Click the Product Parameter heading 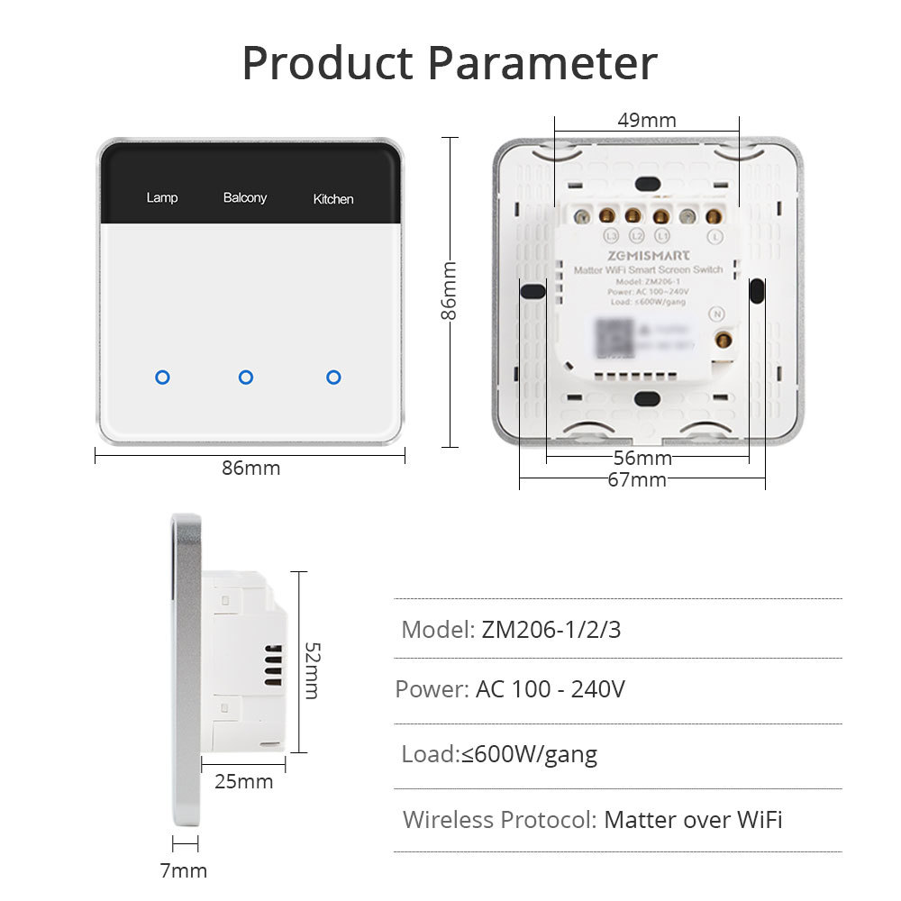pos(450,63)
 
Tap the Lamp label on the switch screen pos(162,197)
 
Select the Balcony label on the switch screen pos(245,197)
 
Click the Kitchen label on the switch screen pos(333,199)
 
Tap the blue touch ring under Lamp pos(162,377)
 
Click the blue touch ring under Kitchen pos(333,377)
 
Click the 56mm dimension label pos(642,459)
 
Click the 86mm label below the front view pos(250,469)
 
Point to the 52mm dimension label pos(311,670)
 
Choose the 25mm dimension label pos(243,781)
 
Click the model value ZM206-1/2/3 pos(551,629)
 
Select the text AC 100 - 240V pos(550,690)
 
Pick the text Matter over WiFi pos(693,820)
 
